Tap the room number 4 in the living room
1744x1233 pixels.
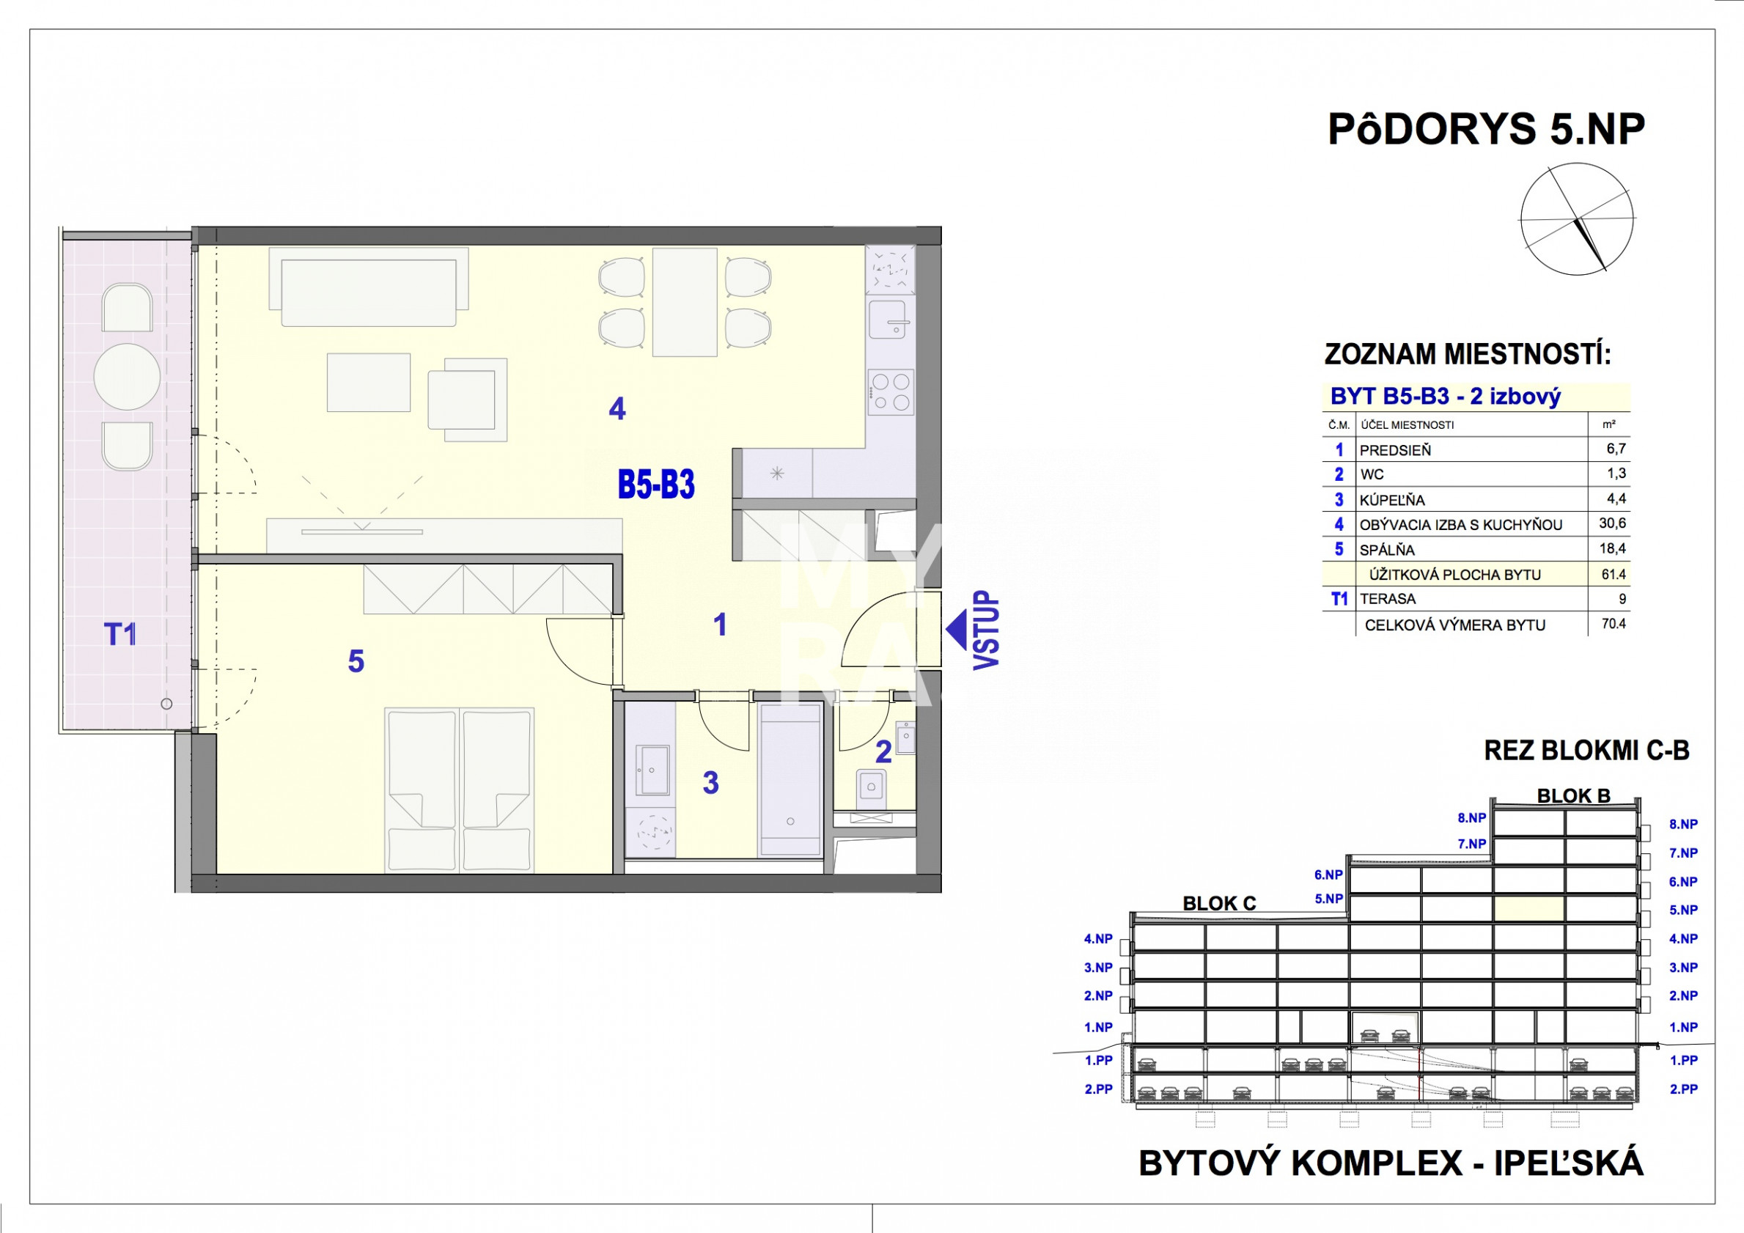[x=617, y=410]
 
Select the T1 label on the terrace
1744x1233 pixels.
[x=120, y=633]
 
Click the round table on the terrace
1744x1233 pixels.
[x=127, y=377]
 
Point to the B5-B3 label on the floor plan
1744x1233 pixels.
[x=656, y=485]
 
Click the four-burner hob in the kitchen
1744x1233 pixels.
[x=891, y=392]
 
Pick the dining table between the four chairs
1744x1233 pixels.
[x=685, y=301]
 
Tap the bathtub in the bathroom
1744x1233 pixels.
[x=791, y=779]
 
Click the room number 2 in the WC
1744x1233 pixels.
[x=883, y=752]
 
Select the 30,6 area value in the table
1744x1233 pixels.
[x=1612, y=523]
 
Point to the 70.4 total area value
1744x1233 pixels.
[x=1614, y=624]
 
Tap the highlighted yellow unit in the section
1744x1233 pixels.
[x=1529, y=910]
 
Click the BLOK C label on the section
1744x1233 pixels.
[x=1219, y=903]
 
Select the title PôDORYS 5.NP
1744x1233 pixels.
[x=1486, y=129]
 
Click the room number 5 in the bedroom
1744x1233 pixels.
[x=356, y=662]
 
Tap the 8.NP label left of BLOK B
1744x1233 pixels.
[x=1471, y=818]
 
